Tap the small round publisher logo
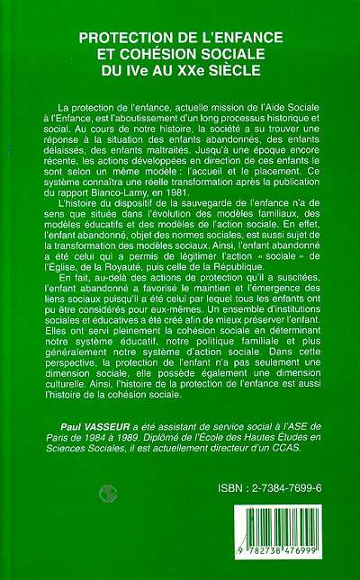(x=108, y=492)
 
